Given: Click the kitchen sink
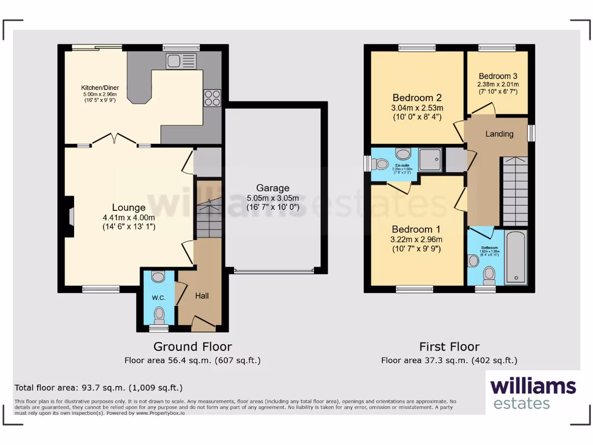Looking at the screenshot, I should coord(181,61).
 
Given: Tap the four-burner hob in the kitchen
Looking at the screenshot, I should coord(211,97).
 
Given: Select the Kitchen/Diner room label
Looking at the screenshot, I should coord(100,88).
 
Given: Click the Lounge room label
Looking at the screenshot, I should coord(129,207).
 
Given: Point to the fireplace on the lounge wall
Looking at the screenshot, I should coord(71,216).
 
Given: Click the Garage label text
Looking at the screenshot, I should coord(273,188).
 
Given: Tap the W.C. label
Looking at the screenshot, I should coord(159,298).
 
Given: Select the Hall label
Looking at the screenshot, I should coord(202,296).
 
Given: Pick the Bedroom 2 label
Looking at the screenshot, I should coord(417,97).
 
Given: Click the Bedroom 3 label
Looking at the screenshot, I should coord(498,76).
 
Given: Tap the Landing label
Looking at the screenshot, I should coord(499,134).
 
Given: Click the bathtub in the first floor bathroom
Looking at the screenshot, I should coord(515,257).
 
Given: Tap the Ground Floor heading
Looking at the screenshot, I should coord(192,346).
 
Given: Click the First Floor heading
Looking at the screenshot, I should coord(449,346).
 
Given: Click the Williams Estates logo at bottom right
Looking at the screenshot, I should coord(533,393).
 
